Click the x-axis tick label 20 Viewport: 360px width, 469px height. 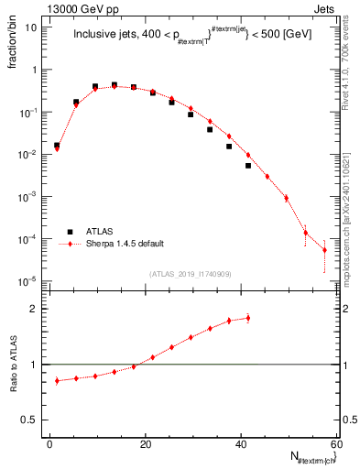pyautogui.click(x=145, y=444)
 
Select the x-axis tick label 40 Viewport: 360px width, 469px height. pyautogui.click(x=240, y=444)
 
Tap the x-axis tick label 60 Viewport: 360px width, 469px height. pyautogui.click(x=335, y=444)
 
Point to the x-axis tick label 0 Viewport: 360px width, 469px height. pyautogui.click(x=49, y=444)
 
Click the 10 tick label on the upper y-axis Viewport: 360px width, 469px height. pyautogui.click(x=32, y=27)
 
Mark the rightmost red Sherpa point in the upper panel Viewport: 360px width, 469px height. pyautogui.click(x=324, y=250)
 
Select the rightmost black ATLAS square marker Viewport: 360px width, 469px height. pyautogui.click(x=248, y=166)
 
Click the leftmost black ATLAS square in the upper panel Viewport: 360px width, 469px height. pyautogui.click(x=57, y=145)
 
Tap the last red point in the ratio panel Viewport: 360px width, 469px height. pyautogui.click(x=248, y=318)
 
